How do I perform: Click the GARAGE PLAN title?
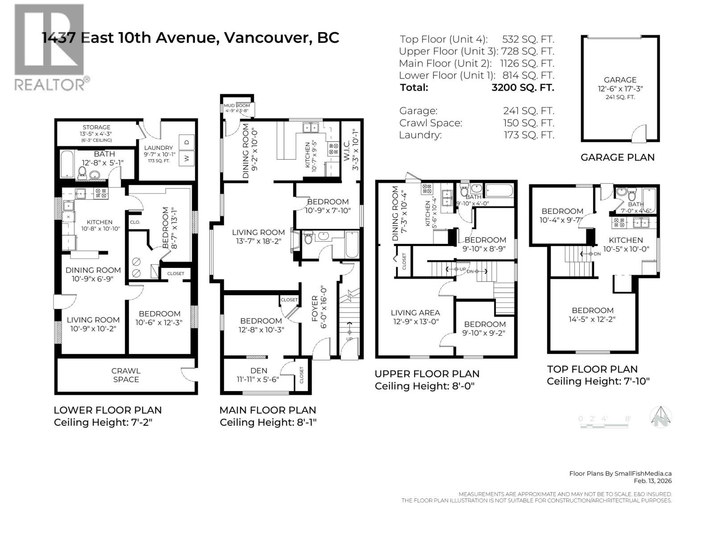[x=618, y=157]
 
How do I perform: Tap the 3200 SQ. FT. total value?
[x=523, y=87]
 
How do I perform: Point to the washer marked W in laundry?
[x=187, y=157]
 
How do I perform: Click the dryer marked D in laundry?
[x=187, y=142]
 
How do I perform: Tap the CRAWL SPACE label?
[x=126, y=375]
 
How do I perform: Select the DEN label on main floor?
[x=259, y=370]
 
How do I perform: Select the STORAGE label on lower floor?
[x=96, y=127]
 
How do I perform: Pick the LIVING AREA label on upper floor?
[x=415, y=313]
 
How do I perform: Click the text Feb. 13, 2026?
[x=652, y=481]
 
